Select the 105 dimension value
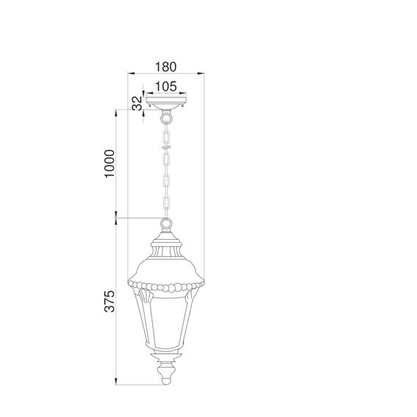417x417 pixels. [x=167, y=86]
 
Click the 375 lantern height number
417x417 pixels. [x=109, y=302]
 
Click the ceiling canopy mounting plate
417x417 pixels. [x=167, y=102]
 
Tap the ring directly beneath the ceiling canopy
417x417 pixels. [x=167, y=117]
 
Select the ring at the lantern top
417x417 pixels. [x=167, y=224]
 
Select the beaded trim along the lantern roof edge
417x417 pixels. [x=167, y=288]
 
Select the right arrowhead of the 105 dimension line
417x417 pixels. [x=187, y=94]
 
